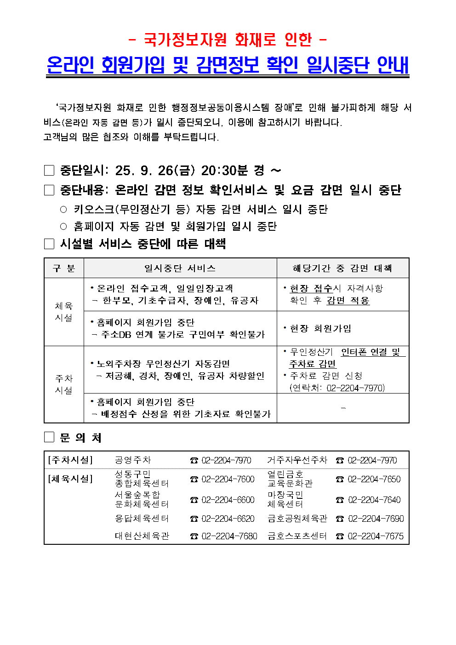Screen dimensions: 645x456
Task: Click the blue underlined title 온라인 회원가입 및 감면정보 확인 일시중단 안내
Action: click(x=228, y=65)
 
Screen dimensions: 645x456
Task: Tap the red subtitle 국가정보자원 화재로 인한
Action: click(x=228, y=40)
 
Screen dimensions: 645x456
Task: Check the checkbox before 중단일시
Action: click(x=49, y=171)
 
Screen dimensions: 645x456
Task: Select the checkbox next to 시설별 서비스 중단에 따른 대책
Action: click(x=49, y=244)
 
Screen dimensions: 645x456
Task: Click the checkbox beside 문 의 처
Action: click(x=49, y=437)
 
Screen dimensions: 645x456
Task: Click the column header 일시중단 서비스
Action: click(x=180, y=268)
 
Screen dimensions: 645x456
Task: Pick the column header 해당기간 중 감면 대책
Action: click(x=342, y=268)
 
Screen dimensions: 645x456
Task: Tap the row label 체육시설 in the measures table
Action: click(x=64, y=312)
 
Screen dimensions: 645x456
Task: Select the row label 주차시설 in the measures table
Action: click(x=64, y=384)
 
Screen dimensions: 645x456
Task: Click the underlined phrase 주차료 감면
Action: click(x=313, y=364)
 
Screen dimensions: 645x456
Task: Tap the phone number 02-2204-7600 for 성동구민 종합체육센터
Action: click(x=228, y=479)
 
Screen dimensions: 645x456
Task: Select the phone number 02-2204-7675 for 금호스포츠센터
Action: click(x=376, y=536)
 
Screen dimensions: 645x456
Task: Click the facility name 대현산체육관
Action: click(x=142, y=536)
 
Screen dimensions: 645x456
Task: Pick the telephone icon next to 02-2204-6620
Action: click(x=194, y=519)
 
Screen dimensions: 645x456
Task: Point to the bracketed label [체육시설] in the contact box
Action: click(x=70, y=479)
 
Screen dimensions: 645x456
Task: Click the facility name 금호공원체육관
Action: click(x=297, y=519)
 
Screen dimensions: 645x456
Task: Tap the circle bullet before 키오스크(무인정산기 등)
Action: click(x=63, y=210)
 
